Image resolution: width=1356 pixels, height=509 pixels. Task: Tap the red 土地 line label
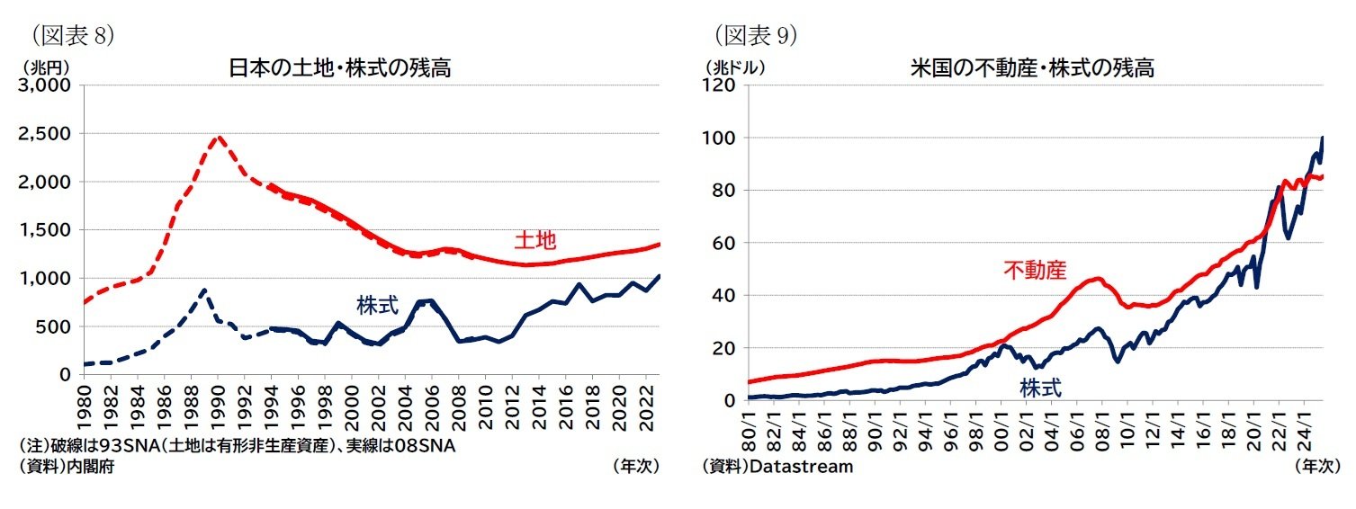[534, 241]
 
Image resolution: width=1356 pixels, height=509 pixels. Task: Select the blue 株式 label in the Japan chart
[377, 304]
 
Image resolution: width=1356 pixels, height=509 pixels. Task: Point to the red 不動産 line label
[1035, 270]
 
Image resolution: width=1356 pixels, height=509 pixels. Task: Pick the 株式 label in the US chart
[1040, 388]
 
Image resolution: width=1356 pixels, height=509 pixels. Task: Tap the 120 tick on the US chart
[725, 85]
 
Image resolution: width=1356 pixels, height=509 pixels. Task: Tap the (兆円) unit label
[41, 67]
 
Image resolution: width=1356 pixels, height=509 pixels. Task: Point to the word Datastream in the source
[801, 467]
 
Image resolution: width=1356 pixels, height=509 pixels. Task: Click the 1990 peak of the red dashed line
[218, 138]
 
